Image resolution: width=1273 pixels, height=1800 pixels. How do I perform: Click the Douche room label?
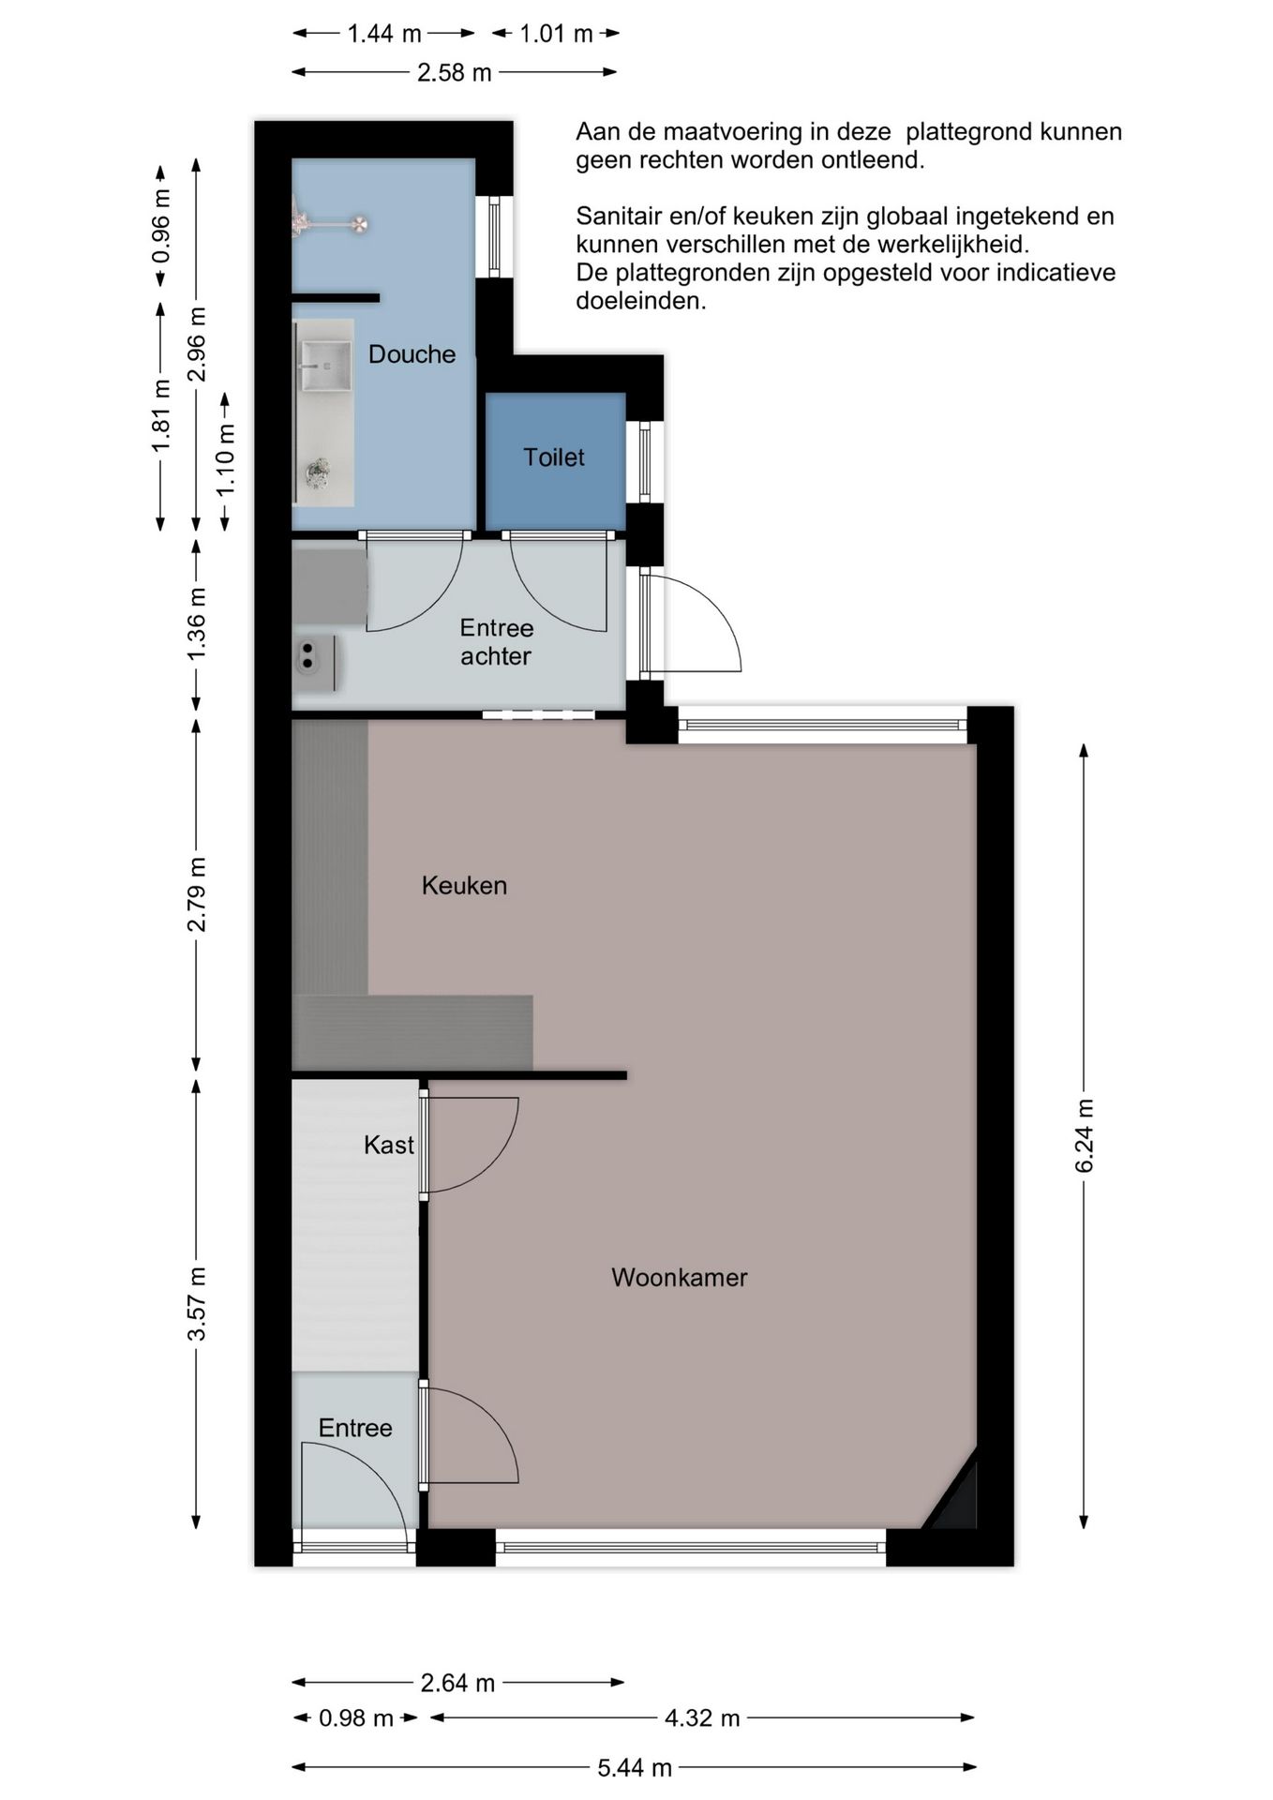pyautogui.click(x=412, y=354)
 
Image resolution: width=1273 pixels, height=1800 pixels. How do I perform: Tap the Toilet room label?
pyautogui.click(x=554, y=457)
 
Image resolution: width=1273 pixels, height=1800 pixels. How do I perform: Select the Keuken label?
pyautogui.click(x=464, y=886)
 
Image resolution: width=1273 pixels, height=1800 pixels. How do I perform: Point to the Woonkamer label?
pyautogui.click(x=680, y=1278)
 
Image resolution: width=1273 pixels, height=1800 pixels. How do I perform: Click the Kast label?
pyautogui.click(x=389, y=1145)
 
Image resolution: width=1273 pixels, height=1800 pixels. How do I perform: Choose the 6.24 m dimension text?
pyautogui.click(x=1085, y=1136)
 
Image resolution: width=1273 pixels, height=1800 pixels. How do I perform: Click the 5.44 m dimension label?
pyautogui.click(x=635, y=1768)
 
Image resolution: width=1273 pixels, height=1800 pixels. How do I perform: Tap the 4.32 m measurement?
pyautogui.click(x=702, y=1718)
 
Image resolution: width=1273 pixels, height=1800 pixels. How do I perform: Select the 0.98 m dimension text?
pyautogui.click(x=356, y=1718)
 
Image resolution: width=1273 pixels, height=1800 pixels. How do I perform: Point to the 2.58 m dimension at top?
pyautogui.click(x=455, y=72)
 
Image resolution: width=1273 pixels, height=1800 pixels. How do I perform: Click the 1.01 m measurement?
pyautogui.click(x=557, y=34)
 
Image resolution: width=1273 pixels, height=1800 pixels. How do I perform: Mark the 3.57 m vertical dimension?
pyautogui.click(x=197, y=1304)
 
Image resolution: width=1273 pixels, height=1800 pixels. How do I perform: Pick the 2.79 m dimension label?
pyautogui.click(x=197, y=894)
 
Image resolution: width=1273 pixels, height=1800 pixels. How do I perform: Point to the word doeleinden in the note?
pyautogui.click(x=641, y=301)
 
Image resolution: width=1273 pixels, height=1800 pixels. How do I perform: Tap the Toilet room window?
pyautogui.click(x=645, y=461)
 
